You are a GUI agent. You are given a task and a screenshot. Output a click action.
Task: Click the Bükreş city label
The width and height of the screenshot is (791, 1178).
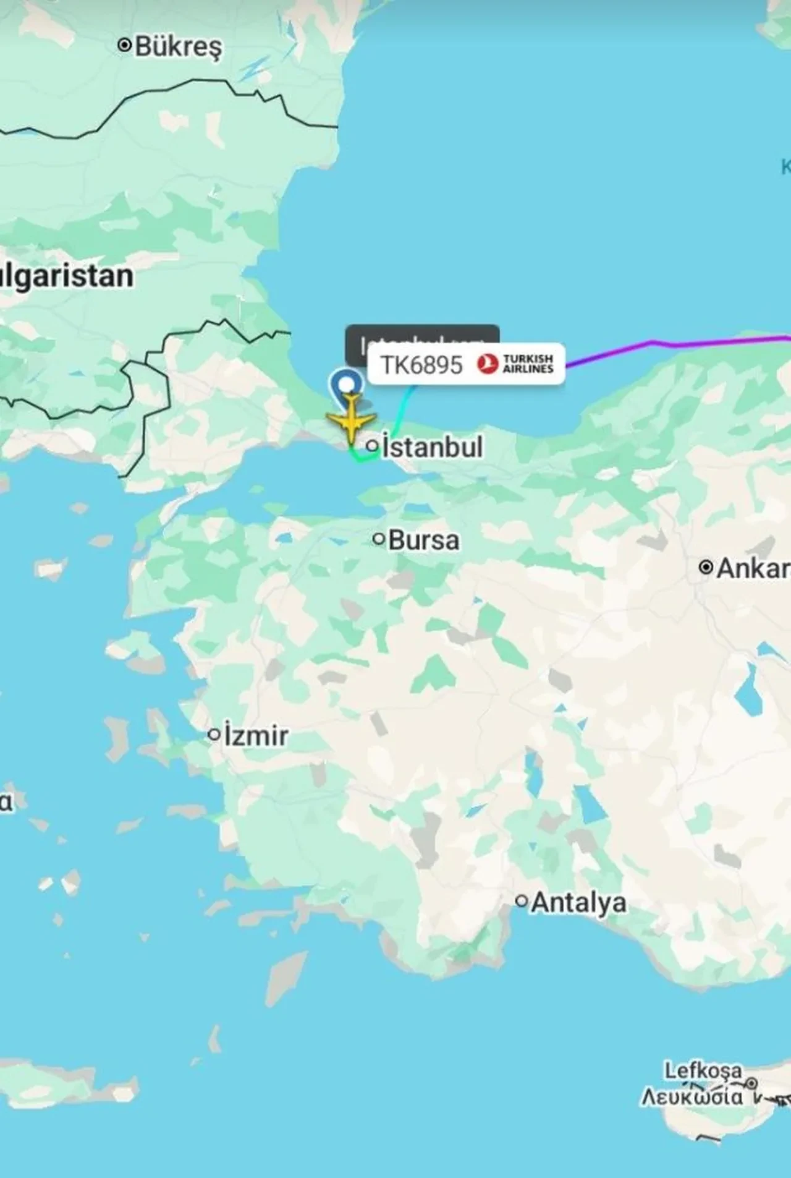[x=178, y=46]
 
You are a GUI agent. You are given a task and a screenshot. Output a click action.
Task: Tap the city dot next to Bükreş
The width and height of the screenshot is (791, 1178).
[x=125, y=45]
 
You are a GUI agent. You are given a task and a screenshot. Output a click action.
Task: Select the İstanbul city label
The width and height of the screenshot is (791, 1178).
[x=432, y=447]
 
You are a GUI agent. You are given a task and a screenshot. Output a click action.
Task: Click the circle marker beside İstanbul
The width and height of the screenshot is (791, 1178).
[x=372, y=445]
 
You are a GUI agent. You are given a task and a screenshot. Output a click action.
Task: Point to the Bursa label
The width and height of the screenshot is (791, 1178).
[x=424, y=540]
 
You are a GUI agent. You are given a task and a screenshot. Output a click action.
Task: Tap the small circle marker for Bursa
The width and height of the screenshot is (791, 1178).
[x=378, y=539]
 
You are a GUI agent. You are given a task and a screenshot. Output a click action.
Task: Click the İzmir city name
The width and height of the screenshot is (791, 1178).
[x=256, y=736]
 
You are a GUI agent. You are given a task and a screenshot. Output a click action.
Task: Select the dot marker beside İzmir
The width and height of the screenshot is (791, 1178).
[x=214, y=735]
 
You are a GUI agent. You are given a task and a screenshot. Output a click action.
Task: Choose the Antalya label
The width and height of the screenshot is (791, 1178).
[x=578, y=903]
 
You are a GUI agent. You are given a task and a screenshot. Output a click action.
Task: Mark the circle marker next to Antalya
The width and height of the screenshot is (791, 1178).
[x=522, y=901]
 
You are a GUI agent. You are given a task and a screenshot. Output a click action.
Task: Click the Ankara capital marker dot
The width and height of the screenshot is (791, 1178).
[x=706, y=567]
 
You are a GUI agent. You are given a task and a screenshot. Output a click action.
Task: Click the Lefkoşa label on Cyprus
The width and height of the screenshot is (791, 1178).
[x=703, y=1069]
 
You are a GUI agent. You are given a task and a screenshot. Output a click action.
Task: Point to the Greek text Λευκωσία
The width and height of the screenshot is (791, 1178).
[x=692, y=1096]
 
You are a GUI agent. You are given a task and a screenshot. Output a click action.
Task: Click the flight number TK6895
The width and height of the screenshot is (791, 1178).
[x=421, y=365]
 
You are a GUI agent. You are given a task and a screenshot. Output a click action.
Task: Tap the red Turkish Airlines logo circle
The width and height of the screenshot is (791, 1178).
[x=487, y=364]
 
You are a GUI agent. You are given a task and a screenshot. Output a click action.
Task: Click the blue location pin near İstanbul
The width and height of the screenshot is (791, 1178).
[x=347, y=385]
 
